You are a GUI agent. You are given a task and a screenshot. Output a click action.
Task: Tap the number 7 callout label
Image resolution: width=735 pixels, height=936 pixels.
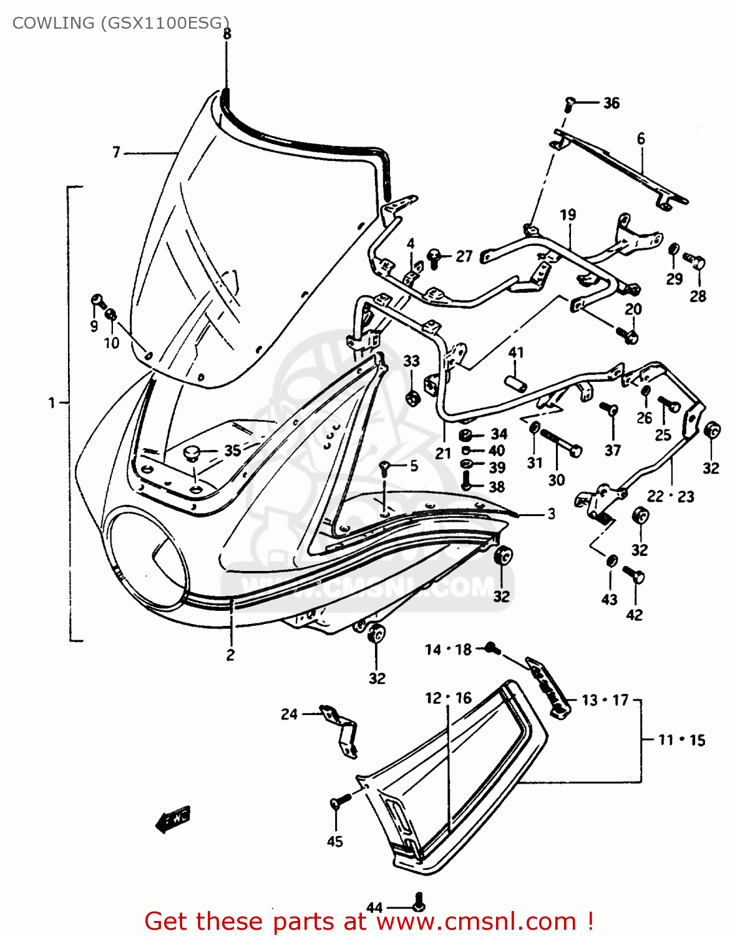coord(116,152)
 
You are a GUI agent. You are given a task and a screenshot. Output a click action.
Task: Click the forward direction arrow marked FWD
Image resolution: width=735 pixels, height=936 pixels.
coord(173,819)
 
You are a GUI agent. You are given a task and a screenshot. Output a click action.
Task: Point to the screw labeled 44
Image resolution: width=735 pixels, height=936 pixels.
coord(419,902)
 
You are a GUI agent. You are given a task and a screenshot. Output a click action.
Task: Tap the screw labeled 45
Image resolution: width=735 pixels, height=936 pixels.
coord(336,803)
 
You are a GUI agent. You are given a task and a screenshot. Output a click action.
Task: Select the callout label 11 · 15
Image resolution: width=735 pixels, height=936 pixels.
coord(681,740)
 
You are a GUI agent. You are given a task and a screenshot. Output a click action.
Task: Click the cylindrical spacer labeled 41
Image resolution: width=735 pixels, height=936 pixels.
coord(515,382)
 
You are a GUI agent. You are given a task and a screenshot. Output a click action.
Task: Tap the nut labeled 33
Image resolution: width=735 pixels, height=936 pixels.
coord(411,397)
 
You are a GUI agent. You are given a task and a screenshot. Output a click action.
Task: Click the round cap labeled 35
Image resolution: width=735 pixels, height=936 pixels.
coord(193,452)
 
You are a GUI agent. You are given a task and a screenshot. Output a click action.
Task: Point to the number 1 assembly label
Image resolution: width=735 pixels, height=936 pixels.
coord(52,403)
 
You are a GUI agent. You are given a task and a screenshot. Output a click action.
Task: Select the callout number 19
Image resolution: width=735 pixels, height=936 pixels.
coord(568,215)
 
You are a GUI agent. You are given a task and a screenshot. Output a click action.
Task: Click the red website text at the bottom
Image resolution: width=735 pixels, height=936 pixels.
coord(368,921)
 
